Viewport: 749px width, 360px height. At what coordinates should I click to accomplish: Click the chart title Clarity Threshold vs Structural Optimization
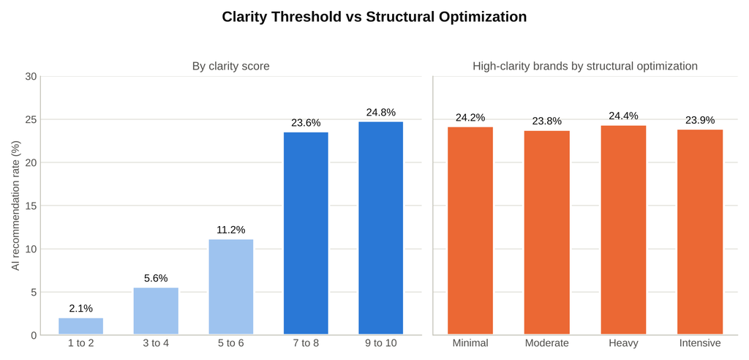[x=374, y=17]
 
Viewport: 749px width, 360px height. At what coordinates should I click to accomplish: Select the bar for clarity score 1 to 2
[x=80, y=326]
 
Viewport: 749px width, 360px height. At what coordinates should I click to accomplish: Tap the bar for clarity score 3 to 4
[x=156, y=311]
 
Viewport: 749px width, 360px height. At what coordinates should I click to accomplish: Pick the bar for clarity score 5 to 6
[x=230, y=288]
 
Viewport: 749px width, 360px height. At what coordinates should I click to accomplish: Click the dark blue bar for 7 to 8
[x=306, y=234]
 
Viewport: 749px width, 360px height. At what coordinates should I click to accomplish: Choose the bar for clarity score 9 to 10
[x=380, y=228]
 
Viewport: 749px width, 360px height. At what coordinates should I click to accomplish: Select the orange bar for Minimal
[x=470, y=231]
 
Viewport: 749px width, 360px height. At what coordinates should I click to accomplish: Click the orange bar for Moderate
[x=547, y=233]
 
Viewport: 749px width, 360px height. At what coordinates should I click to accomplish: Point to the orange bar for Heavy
[x=623, y=230]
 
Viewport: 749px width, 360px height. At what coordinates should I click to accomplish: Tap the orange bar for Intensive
[x=700, y=233]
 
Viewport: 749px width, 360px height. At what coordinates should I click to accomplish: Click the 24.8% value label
[x=380, y=113]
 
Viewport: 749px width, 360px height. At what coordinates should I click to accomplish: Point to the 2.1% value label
[x=80, y=309]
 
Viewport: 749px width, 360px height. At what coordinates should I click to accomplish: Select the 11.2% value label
[x=230, y=230]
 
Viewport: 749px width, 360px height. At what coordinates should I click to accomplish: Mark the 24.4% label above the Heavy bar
[x=623, y=116]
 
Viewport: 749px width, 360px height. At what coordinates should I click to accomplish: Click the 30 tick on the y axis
[x=30, y=77]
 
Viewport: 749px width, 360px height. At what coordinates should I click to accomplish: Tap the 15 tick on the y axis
[x=30, y=206]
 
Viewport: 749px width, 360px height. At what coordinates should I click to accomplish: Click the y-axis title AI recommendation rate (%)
[x=16, y=206]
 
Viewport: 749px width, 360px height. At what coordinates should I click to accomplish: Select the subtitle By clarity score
[x=230, y=66]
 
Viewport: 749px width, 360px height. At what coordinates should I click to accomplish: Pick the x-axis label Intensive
[x=700, y=343]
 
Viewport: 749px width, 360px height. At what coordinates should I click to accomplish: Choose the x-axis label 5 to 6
[x=230, y=343]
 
